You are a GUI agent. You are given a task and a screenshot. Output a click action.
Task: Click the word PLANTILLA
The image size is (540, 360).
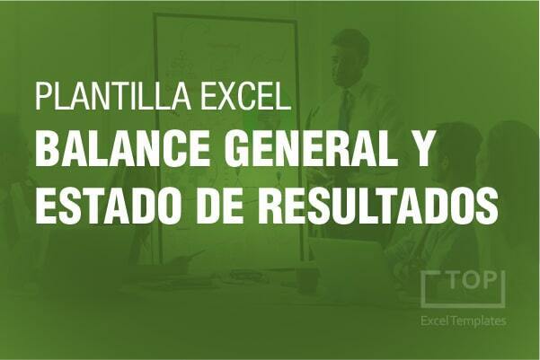[113, 96]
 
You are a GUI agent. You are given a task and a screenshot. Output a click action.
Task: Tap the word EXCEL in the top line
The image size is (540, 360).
[245, 96]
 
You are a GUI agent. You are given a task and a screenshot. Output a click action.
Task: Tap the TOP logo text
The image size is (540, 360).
[472, 280]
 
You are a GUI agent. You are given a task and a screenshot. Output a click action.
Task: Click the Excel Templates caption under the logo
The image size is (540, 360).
[464, 321]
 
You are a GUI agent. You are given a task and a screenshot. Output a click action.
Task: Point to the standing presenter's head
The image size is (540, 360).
[348, 58]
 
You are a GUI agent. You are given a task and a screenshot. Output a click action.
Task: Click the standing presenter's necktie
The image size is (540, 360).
[345, 110]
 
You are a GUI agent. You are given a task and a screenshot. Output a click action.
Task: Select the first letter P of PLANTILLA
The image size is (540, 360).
[44, 96]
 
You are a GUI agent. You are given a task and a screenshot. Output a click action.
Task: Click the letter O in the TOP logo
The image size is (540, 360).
[472, 280]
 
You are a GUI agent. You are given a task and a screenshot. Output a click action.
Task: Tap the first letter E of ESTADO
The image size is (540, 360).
[46, 206]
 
